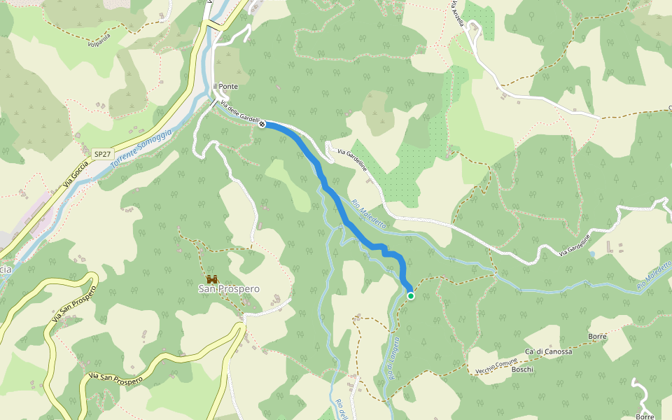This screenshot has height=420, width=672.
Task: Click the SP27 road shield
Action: tap(103, 153)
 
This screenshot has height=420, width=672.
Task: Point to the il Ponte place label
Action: tap(226, 86)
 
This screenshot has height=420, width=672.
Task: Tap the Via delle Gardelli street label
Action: tap(240, 113)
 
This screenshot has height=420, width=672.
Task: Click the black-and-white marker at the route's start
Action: tap(262, 125)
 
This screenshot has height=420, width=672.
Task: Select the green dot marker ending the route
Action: tap(411, 296)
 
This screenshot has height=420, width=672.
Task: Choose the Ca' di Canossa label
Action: tap(548, 352)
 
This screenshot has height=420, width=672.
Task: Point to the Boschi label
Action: tap(522, 369)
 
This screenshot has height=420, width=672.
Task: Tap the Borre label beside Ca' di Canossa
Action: tap(597, 337)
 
